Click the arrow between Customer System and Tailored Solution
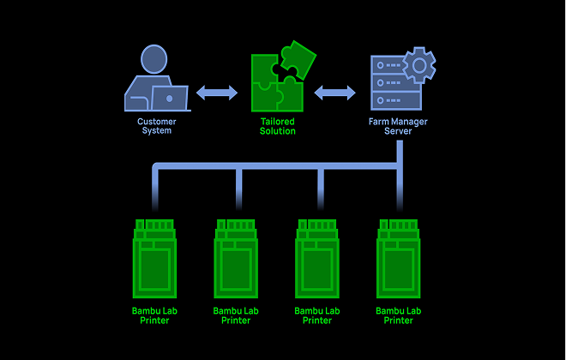[217, 93]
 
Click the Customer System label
[156, 126]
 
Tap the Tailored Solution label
[278, 126]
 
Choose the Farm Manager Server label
[398, 126]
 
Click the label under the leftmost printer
[155, 315]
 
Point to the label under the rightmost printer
[399, 315]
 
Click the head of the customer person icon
[154, 59]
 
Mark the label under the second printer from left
[236, 315]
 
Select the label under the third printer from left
[317, 315]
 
